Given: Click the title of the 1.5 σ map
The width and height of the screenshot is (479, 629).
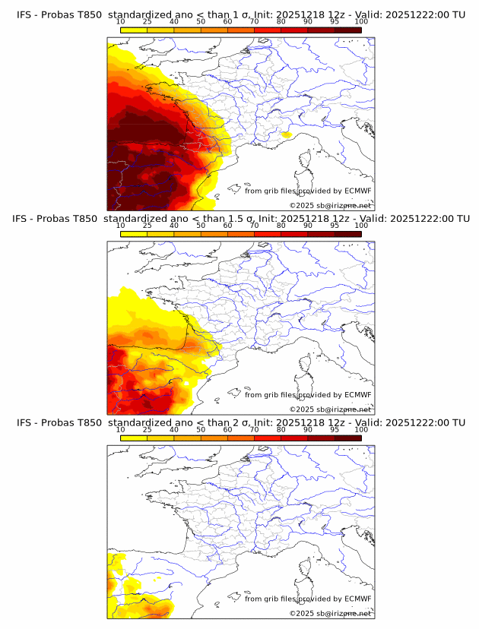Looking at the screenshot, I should (x=240, y=219).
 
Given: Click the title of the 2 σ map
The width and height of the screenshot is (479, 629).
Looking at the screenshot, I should (x=240, y=422).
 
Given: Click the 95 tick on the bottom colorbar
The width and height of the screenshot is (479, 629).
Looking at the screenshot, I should (x=335, y=430).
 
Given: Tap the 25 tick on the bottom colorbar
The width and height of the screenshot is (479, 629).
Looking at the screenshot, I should (x=147, y=430).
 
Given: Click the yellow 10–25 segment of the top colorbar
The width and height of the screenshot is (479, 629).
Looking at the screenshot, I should (x=134, y=30).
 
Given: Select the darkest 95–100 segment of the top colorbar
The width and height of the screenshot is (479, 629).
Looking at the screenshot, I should (x=347, y=30).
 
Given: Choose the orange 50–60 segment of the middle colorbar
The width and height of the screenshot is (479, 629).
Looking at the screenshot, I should (x=214, y=233).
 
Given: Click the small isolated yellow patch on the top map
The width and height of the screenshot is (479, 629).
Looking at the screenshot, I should (x=286, y=135).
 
